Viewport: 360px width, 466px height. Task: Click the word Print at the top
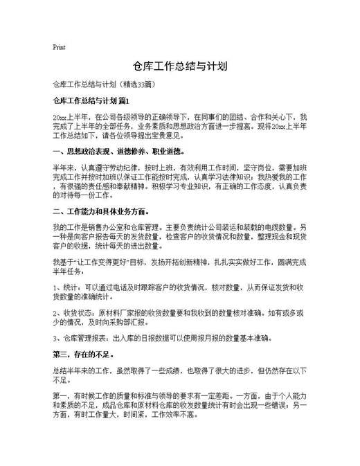click(x=59, y=48)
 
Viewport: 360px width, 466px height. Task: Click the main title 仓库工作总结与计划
click(x=180, y=67)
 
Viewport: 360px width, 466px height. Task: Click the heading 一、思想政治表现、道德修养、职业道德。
click(x=118, y=151)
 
